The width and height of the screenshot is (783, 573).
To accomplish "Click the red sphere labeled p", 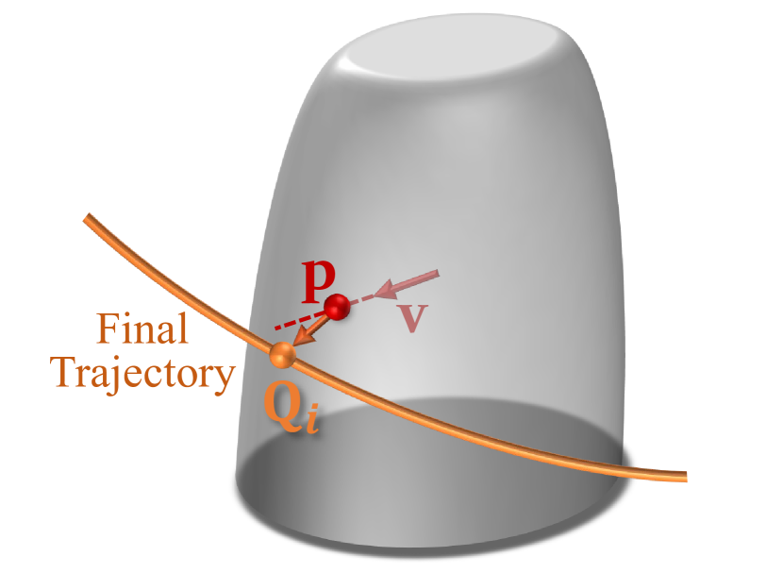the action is pos(337,306).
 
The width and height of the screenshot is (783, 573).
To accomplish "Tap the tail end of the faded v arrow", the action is pos(437,274).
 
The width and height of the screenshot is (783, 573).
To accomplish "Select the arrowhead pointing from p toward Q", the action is pos(301,336).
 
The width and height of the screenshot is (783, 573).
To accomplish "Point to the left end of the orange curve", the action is pos(88,219).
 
